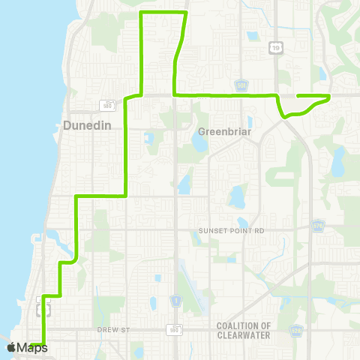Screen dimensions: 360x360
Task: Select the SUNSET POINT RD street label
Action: click(232, 231)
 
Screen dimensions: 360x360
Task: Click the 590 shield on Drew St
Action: click(175, 329)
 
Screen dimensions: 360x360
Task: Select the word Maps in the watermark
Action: click(33, 347)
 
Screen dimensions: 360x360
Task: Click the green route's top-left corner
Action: click(142, 14)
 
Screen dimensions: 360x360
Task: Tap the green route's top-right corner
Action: click(185, 14)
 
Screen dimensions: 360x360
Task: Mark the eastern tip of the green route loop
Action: click(330, 96)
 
